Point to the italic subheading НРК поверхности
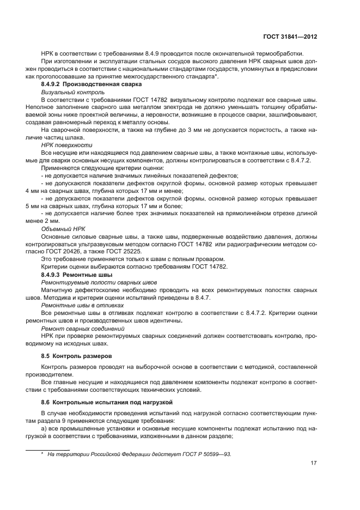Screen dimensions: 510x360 63,146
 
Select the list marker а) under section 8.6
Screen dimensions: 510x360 44,428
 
